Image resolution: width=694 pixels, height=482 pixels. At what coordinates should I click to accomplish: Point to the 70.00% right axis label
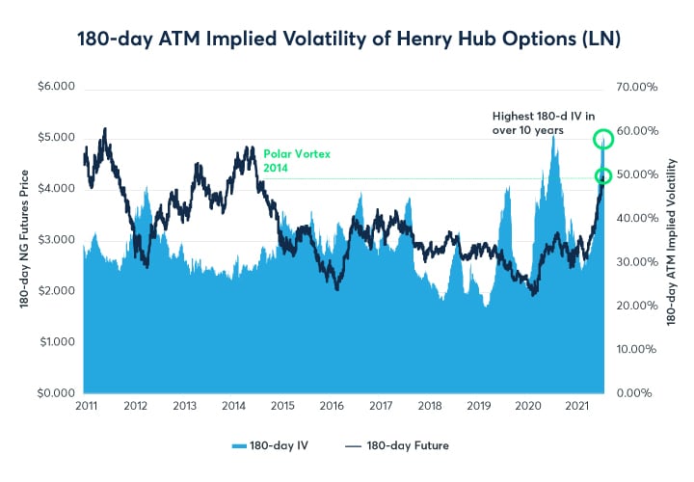tap(637, 87)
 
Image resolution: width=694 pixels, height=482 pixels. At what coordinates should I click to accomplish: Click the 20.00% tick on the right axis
tap(637, 306)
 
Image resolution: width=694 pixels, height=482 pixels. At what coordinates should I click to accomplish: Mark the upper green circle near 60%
tap(603, 139)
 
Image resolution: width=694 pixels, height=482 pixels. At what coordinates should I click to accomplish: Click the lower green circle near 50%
tap(603, 175)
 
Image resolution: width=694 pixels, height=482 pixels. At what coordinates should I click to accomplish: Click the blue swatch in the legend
tap(242, 445)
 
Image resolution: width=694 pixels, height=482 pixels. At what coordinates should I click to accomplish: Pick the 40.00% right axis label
tap(637, 218)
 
